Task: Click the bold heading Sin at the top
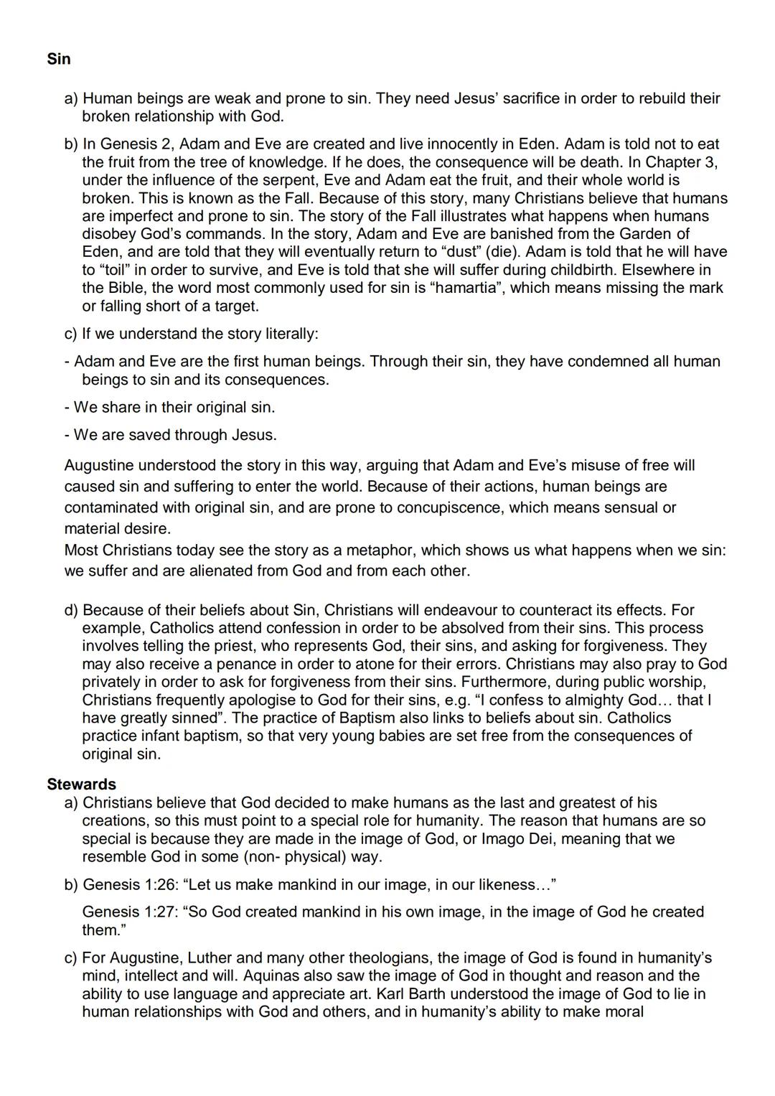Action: tap(59, 59)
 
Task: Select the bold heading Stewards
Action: tap(81, 784)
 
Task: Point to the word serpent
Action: tap(281, 180)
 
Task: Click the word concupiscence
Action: tap(441, 507)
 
